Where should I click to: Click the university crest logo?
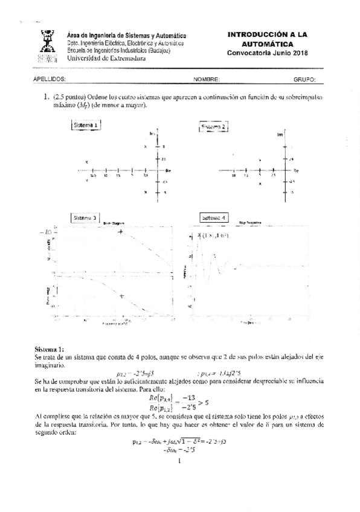tap(48, 46)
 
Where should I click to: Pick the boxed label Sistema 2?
tap(213, 127)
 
